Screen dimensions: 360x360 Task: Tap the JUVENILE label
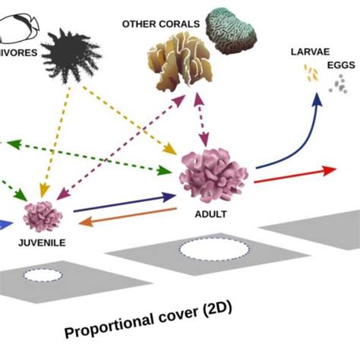pos(42,243)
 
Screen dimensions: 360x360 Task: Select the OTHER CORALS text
pos(161,24)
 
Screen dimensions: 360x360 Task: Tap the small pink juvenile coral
pos(43,216)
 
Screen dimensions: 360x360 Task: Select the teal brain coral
pos(232,30)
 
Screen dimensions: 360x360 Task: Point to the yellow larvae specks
pos(311,74)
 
